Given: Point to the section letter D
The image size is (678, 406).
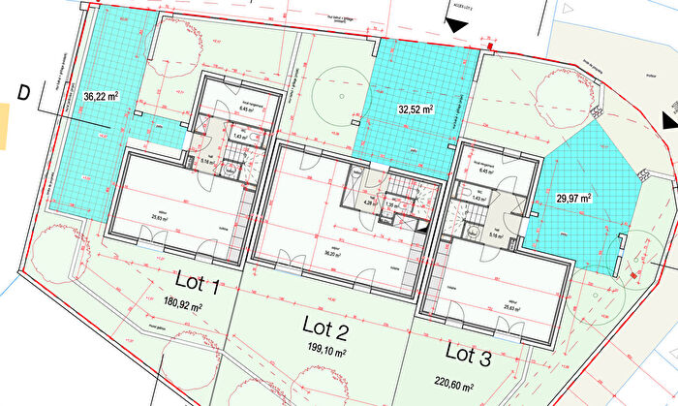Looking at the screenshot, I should point(24,94).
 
